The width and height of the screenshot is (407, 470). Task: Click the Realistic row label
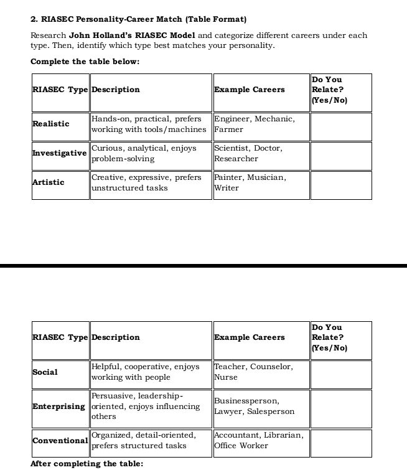[51, 124]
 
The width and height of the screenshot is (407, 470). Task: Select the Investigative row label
[60, 153]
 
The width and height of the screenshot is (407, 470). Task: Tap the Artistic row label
[49, 182]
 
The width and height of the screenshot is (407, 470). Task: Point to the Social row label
[45, 372]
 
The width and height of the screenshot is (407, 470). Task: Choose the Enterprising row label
[58, 407]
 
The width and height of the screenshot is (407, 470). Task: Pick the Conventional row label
[60, 441]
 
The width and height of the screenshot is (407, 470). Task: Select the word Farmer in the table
[229, 129]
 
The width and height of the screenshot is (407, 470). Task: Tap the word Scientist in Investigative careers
[232, 148]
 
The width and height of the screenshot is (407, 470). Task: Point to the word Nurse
[226, 377]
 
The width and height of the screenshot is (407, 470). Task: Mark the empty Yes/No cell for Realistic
[340, 126]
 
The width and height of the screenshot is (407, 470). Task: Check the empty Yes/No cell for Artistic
[340, 185]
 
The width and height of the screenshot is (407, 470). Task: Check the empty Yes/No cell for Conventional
[340, 443]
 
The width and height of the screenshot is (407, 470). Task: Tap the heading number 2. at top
[34, 19]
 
